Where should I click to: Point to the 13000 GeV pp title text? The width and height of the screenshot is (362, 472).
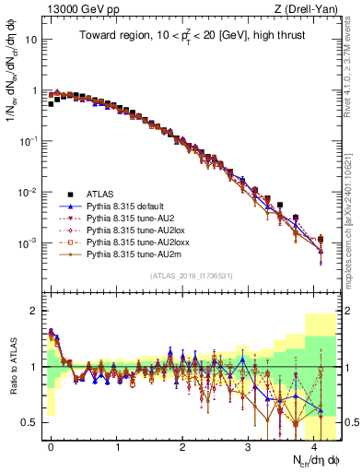[x=76, y=9]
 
